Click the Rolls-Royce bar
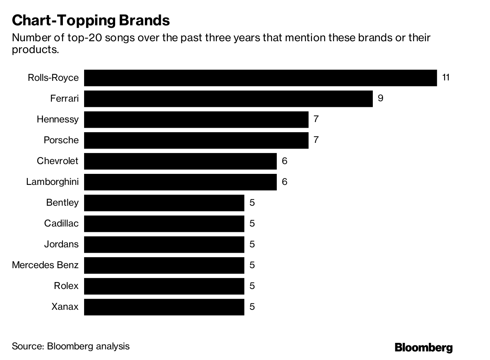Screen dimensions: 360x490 point(261,78)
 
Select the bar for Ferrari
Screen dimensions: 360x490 point(228,98)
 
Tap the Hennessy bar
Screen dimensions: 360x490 point(196,119)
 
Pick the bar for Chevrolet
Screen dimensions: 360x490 point(180,161)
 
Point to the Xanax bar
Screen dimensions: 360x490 point(164,307)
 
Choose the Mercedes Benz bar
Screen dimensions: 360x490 point(164,265)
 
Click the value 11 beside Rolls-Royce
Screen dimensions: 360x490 point(445,78)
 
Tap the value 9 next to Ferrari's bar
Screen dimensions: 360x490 point(381,98)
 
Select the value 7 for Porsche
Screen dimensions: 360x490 point(316,140)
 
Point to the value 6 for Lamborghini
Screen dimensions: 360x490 point(284,182)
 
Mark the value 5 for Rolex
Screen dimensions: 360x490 point(252,286)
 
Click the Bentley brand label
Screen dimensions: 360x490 point(62,202)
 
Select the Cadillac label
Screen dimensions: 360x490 point(61,223)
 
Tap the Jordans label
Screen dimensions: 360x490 point(61,244)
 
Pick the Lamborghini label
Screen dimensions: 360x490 point(52,182)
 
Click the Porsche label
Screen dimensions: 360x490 point(61,140)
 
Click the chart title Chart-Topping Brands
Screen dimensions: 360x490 point(91,20)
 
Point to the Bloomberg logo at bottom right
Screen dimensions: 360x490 point(423,347)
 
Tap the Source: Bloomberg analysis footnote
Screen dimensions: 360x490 point(71,347)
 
